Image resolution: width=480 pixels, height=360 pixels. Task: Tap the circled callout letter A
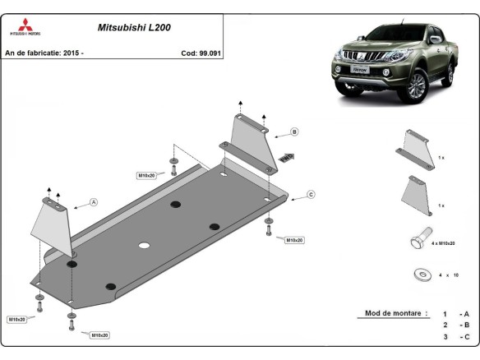point(93,202)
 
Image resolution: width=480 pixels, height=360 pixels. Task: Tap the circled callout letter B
point(293,132)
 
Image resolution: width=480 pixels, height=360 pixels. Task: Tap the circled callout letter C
point(311,194)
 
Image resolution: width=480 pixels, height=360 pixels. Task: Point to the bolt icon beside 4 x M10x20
point(417,239)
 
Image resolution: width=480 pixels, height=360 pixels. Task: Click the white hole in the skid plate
point(144,246)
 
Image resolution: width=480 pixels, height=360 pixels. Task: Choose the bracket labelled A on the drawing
point(53,224)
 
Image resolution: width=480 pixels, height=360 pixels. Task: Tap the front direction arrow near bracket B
point(287,156)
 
